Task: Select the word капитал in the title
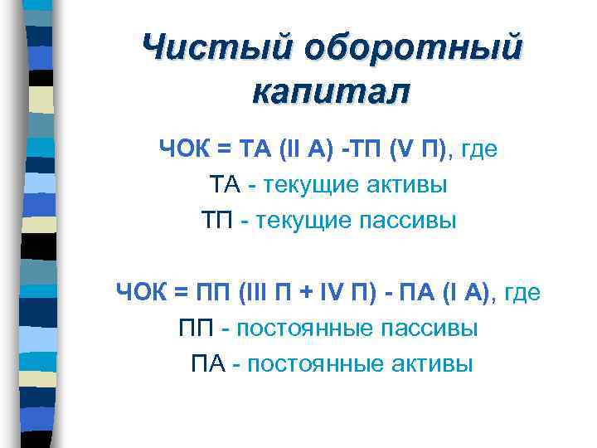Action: pos(331,91)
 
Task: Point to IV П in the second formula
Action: pos(345,292)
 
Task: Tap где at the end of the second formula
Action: pos(522,292)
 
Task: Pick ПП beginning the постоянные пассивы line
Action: pos(197,328)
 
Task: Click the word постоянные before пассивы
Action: pos(303,328)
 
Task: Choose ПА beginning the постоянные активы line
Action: pos(208,363)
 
